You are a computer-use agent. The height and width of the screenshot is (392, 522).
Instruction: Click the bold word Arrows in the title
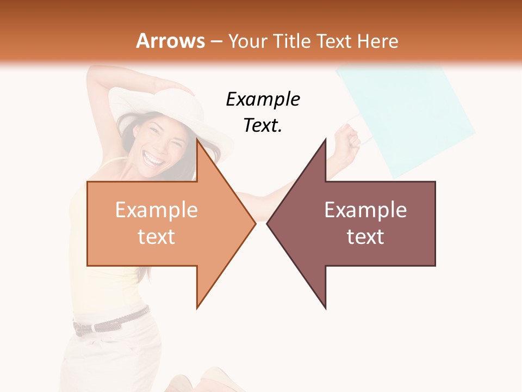click(170, 41)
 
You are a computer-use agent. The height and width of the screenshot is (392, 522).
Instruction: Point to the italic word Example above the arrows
click(263, 100)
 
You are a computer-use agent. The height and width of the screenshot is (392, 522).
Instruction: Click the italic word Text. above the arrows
click(263, 126)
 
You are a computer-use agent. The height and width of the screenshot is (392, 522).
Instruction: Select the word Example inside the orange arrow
click(157, 210)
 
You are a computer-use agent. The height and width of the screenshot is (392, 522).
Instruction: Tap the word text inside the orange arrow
click(157, 236)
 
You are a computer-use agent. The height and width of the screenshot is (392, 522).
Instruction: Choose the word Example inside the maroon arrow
click(365, 210)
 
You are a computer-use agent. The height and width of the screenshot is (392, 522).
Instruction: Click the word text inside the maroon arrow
click(365, 236)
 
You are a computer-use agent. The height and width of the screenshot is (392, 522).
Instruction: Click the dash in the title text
click(216, 41)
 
